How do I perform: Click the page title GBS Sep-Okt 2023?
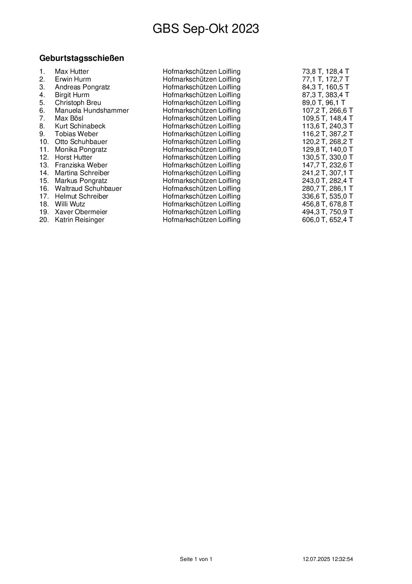click(206, 29)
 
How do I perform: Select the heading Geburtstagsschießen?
click(82, 59)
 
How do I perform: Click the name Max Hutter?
click(72, 71)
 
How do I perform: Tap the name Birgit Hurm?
click(72, 95)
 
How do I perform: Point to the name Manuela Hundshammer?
click(92, 110)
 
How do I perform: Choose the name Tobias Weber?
click(76, 134)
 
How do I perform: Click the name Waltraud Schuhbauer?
click(88, 188)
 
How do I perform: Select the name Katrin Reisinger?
click(79, 220)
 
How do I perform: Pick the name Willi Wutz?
click(70, 204)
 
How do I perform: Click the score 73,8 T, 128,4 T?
click(326, 71)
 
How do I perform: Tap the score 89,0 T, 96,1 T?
click(324, 103)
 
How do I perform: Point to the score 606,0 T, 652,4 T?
click(327, 220)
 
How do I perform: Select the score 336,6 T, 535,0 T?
click(327, 196)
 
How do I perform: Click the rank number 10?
click(44, 142)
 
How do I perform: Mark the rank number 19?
click(44, 212)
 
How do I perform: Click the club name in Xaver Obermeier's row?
click(201, 212)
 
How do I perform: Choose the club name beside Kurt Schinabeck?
click(201, 126)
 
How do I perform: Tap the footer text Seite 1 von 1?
click(196, 559)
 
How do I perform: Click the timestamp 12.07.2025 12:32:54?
click(328, 559)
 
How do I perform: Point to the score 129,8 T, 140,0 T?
click(327, 149)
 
